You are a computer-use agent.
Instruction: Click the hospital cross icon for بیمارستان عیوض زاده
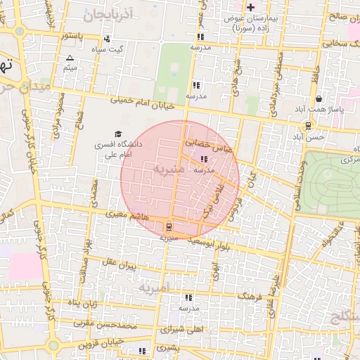coord(250,7)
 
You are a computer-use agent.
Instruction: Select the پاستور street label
coord(74,36)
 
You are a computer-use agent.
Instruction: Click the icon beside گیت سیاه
coord(107,39)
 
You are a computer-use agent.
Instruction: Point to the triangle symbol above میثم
coord(69,58)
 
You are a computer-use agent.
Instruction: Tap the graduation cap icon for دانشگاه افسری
coord(118,134)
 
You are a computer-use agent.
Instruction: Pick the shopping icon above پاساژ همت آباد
coord(319,99)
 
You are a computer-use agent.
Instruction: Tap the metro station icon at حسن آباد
coord(309,127)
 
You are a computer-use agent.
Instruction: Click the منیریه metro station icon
coord(168,227)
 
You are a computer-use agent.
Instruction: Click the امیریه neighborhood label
coord(154,288)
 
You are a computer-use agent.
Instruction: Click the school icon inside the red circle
coord(204,159)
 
